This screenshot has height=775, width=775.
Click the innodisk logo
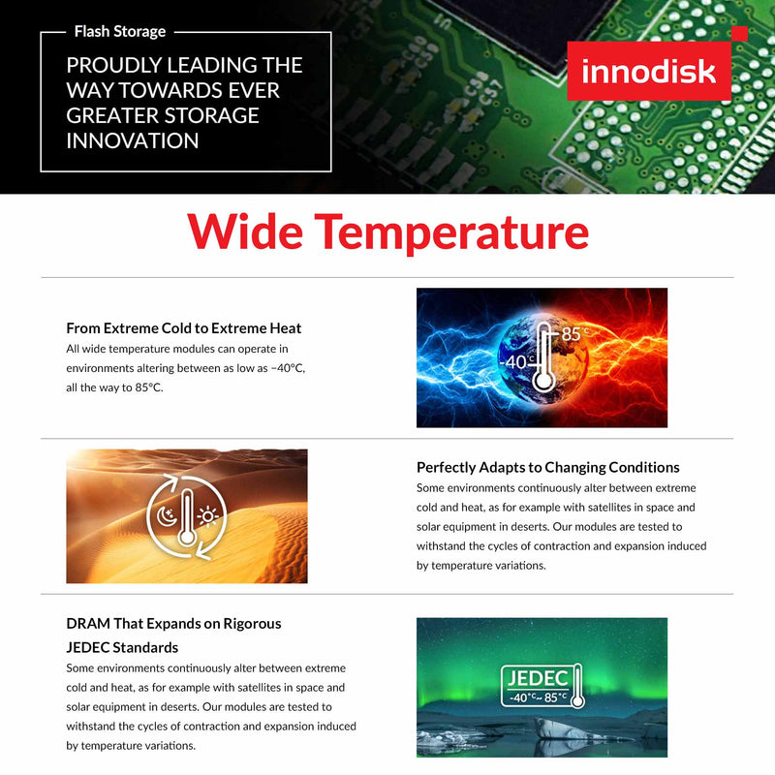pyautogui.click(x=648, y=72)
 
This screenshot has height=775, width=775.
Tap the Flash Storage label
pyautogui.click(x=120, y=32)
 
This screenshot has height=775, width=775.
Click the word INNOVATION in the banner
pyautogui.click(x=133, y=140)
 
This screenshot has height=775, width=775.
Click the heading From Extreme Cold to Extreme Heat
pyautogui.click(x=184, y=328)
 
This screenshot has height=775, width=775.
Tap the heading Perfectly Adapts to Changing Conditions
pyautogui.click(x=547, y=467)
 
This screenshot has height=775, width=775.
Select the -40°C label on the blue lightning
pyautogui.click(x=515, y=362)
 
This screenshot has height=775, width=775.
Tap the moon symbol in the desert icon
pyautogui.click(x=166, y=516)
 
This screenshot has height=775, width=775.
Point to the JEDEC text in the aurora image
pyautogui.click(x=534, y=677)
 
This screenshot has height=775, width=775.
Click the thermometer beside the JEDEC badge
pyautogui.click(x=576, y=685)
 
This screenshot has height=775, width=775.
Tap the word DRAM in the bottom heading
pyautogui.click(x=87, y=623)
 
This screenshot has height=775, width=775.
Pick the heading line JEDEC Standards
pyautogui.click(x=122, y=646)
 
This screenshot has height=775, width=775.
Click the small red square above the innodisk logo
pyautogui.click(x=739, y=34)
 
